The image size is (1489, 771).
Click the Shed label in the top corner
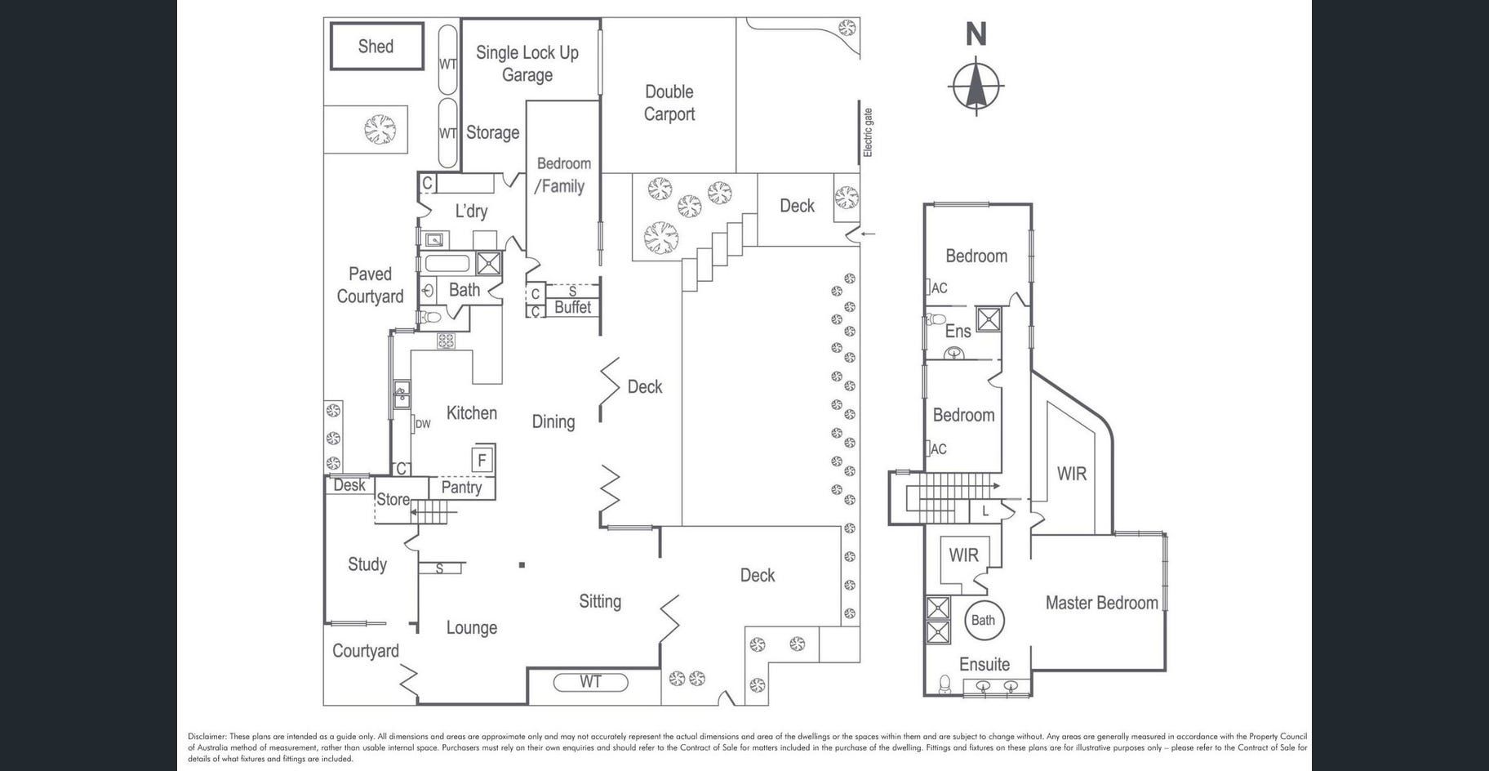[x=376, y=47]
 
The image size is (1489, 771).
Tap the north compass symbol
[x=976, y=84]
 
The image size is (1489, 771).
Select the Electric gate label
[x=868, y=132]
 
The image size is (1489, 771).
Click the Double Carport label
[x=669, y=103]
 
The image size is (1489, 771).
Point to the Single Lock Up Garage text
[x=527, y=64]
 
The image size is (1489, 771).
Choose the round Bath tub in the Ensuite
[x=983, y=620]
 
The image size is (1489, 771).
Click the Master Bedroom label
[x=1101, y=603]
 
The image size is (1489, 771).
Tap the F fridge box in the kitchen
[x=482, y=460]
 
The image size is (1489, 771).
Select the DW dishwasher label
[x=423, y=424]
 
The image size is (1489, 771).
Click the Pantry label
[x=461, y=487]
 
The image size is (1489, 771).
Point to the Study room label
[x=367, y=564]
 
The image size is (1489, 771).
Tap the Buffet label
[x=572, y=307]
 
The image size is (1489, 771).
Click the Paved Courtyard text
[x=370, y=285]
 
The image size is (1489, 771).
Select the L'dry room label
[x=471, y=211]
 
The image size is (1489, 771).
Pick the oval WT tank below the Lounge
[x=591, y=681]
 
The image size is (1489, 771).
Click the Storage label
[x=492, y=132]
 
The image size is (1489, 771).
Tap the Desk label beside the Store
[x=349, y=485]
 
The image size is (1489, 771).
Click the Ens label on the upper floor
[x=958, y=331]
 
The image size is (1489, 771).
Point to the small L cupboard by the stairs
[x=985, y=511]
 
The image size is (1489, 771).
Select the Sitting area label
[x=600, y=601]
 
